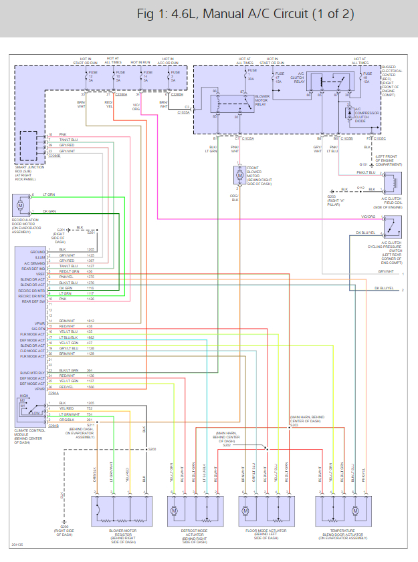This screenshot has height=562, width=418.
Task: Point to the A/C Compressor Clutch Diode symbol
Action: [x=349, y=112]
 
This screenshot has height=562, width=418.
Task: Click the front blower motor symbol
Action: [x=239, y=175]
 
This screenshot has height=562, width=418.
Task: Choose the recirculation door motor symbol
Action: [x=20, y=202]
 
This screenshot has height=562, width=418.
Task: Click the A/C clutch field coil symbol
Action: [x=391, y=182]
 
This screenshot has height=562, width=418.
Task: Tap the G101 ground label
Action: [x=363, y=163]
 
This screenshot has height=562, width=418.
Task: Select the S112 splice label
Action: [x=360, y=188]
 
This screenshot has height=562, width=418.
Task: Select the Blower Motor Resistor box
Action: [x=120, y=511]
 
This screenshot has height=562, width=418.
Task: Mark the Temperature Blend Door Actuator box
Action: [x=342, y=511]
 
